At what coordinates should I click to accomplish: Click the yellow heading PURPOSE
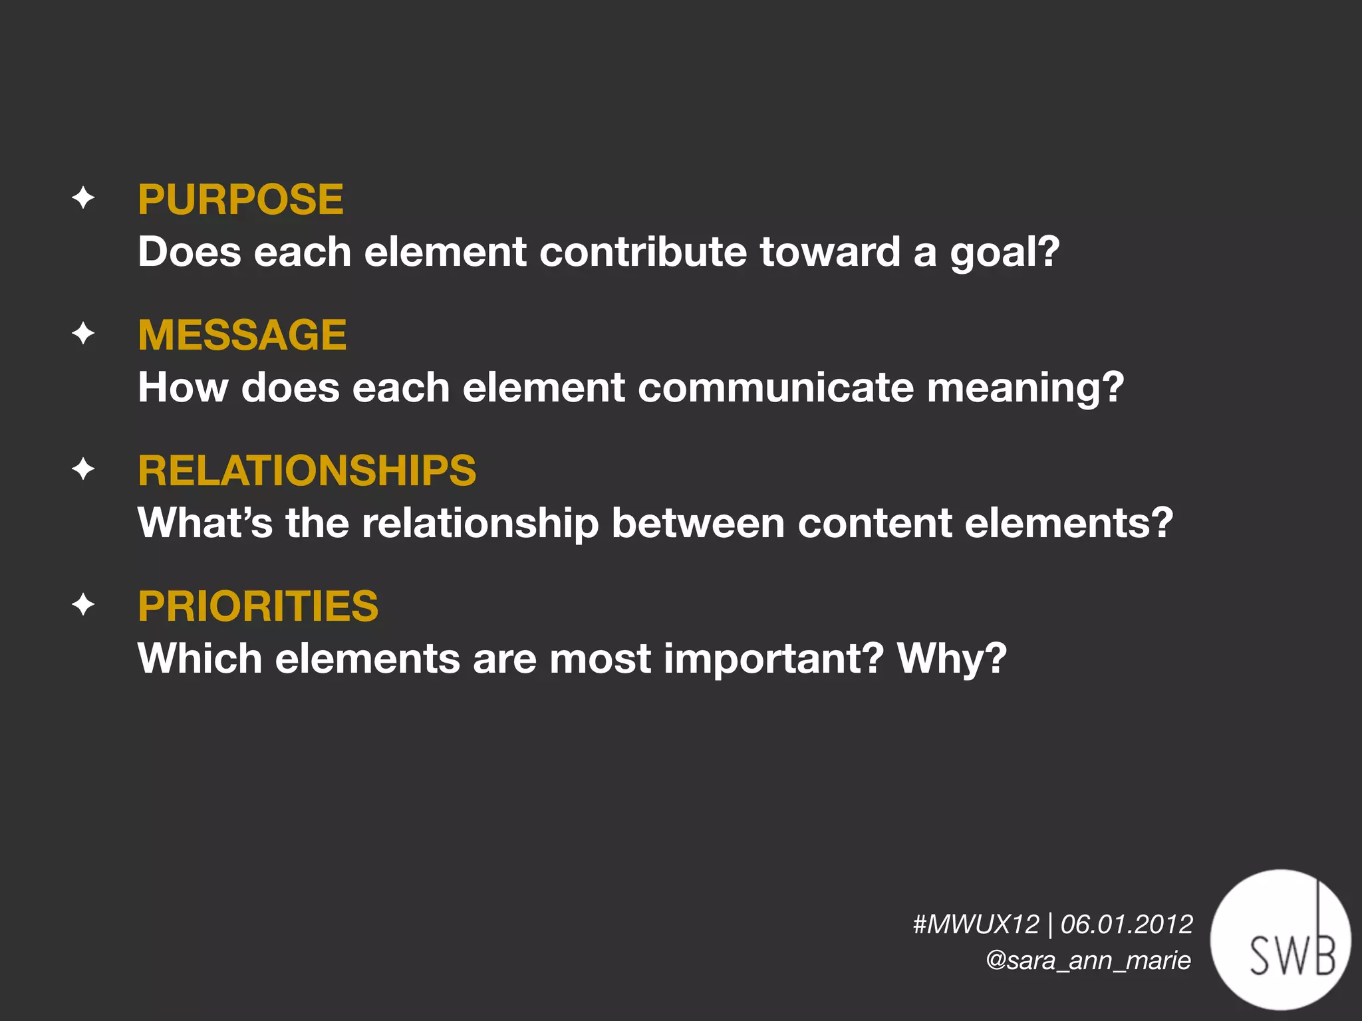[x=241, y=199]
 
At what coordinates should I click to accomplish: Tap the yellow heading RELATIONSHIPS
[x=307, y=471]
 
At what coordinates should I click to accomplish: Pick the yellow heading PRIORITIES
[x=258, y=606]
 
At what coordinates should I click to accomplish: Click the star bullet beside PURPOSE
[x=83, y=198]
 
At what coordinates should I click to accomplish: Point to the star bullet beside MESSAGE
[x=83, y=333]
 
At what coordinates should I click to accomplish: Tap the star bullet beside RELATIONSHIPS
[x=83, y=469]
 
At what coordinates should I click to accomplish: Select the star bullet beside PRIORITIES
[x=83, y=605]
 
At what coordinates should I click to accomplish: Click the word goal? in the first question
[x=1004, y=253]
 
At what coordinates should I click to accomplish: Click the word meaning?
[x=1025, y=388]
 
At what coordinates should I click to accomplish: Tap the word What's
[x=205, y=523]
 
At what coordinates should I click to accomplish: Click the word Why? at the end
[x=952, y=659]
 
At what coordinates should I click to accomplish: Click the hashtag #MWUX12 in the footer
[x=976, y=925]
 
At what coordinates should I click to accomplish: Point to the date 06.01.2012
[x=1127, y=925]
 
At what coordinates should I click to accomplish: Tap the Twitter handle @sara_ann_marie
[x=1089, y=961]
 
